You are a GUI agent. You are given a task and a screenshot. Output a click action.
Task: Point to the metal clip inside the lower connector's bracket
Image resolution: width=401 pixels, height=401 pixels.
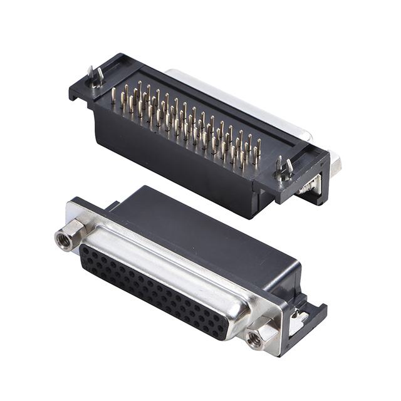299,320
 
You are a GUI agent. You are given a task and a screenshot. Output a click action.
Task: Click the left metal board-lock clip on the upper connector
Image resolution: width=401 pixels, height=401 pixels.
95,76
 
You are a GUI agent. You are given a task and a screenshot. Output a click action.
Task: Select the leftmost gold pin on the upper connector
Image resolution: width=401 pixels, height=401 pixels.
113,96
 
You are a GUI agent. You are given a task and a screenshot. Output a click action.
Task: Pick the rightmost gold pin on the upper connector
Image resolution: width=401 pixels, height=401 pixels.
258,149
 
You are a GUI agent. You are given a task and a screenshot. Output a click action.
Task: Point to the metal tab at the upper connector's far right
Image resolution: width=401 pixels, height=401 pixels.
336,164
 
